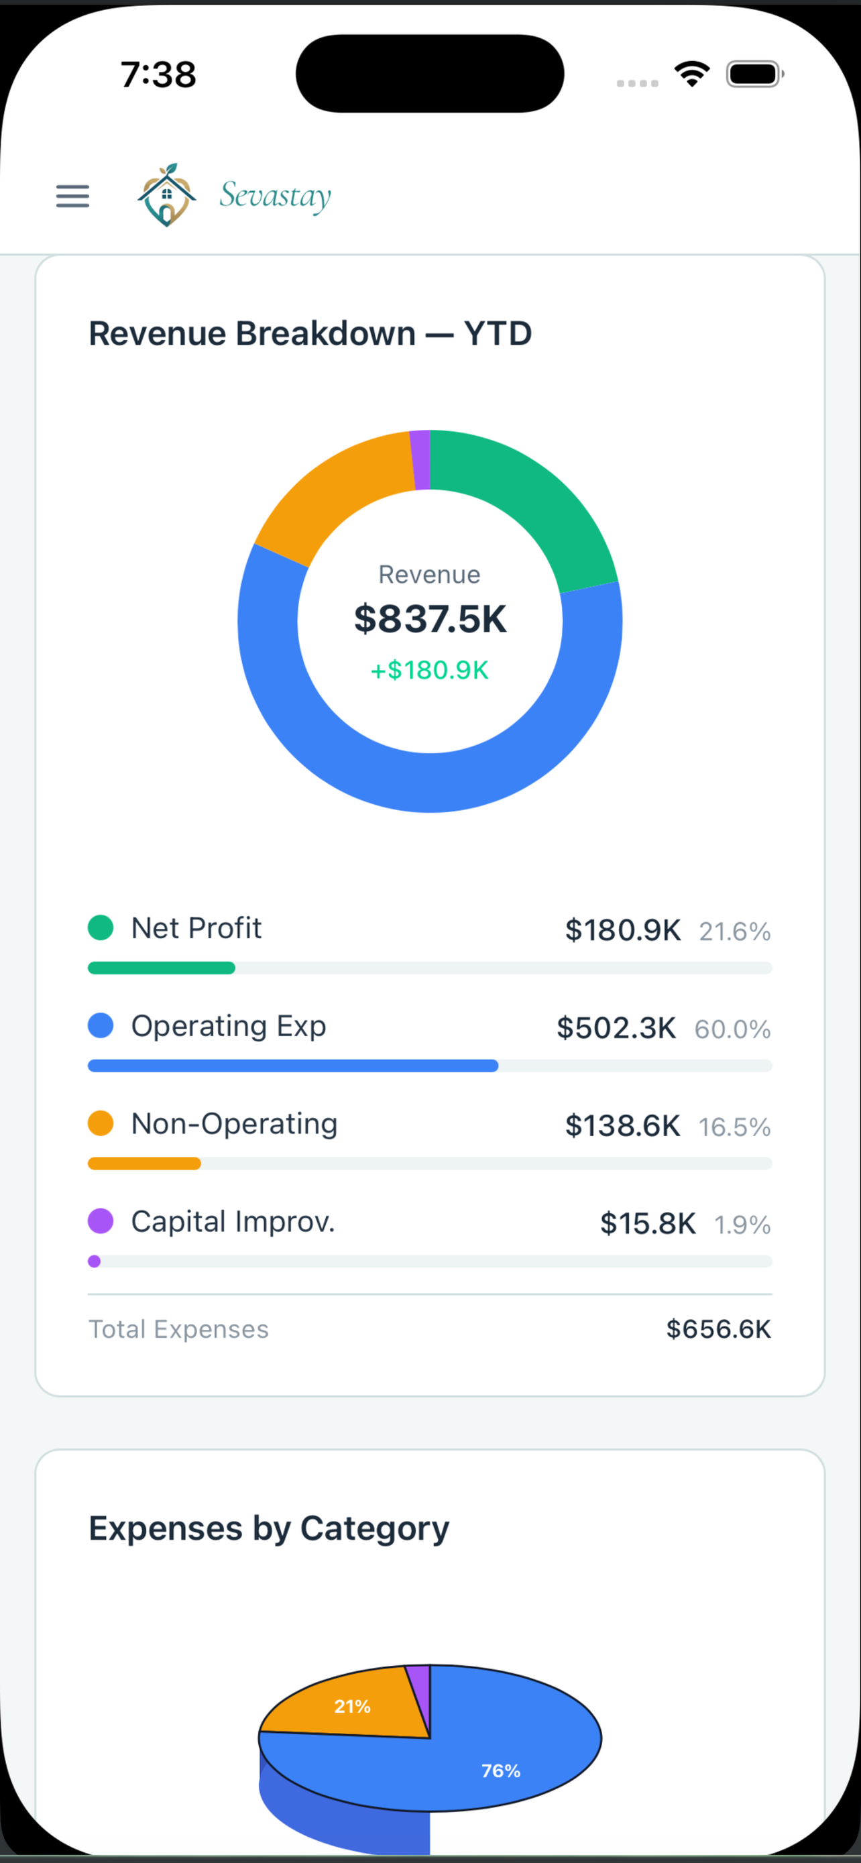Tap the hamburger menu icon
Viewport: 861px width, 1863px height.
pyautogui.click(x=73, y=196)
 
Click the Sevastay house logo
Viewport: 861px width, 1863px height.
pyautogui.click(x=167, y=195)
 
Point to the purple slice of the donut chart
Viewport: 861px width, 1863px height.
pyautogui.click(x=420, y=460)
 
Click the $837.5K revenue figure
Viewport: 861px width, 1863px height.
pyautogui.click(x=430, y=619)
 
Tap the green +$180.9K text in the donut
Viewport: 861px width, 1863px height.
pyautogui.click(x=429, y=671)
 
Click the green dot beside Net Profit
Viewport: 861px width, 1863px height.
pyautogui.click(x=101, y=927)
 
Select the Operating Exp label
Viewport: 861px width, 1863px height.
pyautogui.click(x=229, y=1025)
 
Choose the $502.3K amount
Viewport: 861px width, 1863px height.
pyautogui.click(x=616, y=1027)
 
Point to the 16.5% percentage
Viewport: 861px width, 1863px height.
pyautogui.click(x=734, y=1127)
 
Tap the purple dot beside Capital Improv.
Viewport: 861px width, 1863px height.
pyautogui.click(x=101, y=1221)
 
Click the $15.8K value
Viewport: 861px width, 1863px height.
pyautogui.click(x=648, y=1224)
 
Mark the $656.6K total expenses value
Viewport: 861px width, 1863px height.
pyautogui.click(x=719, y=1329)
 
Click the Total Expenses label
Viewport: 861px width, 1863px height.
pyautogui.click(x=178, y=1329)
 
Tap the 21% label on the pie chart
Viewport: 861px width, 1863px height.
pyautogui.click(x=352, y=1706)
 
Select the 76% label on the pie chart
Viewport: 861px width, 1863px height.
pyautogui.click(x=501, y=1770)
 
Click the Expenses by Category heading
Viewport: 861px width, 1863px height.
pyautogui.click(x=269, y=1528)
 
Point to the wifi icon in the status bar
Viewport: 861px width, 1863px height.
pyautogui.click(x=692, y=73)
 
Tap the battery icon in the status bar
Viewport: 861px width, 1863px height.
pyautogui.click(x=755, y=74)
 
